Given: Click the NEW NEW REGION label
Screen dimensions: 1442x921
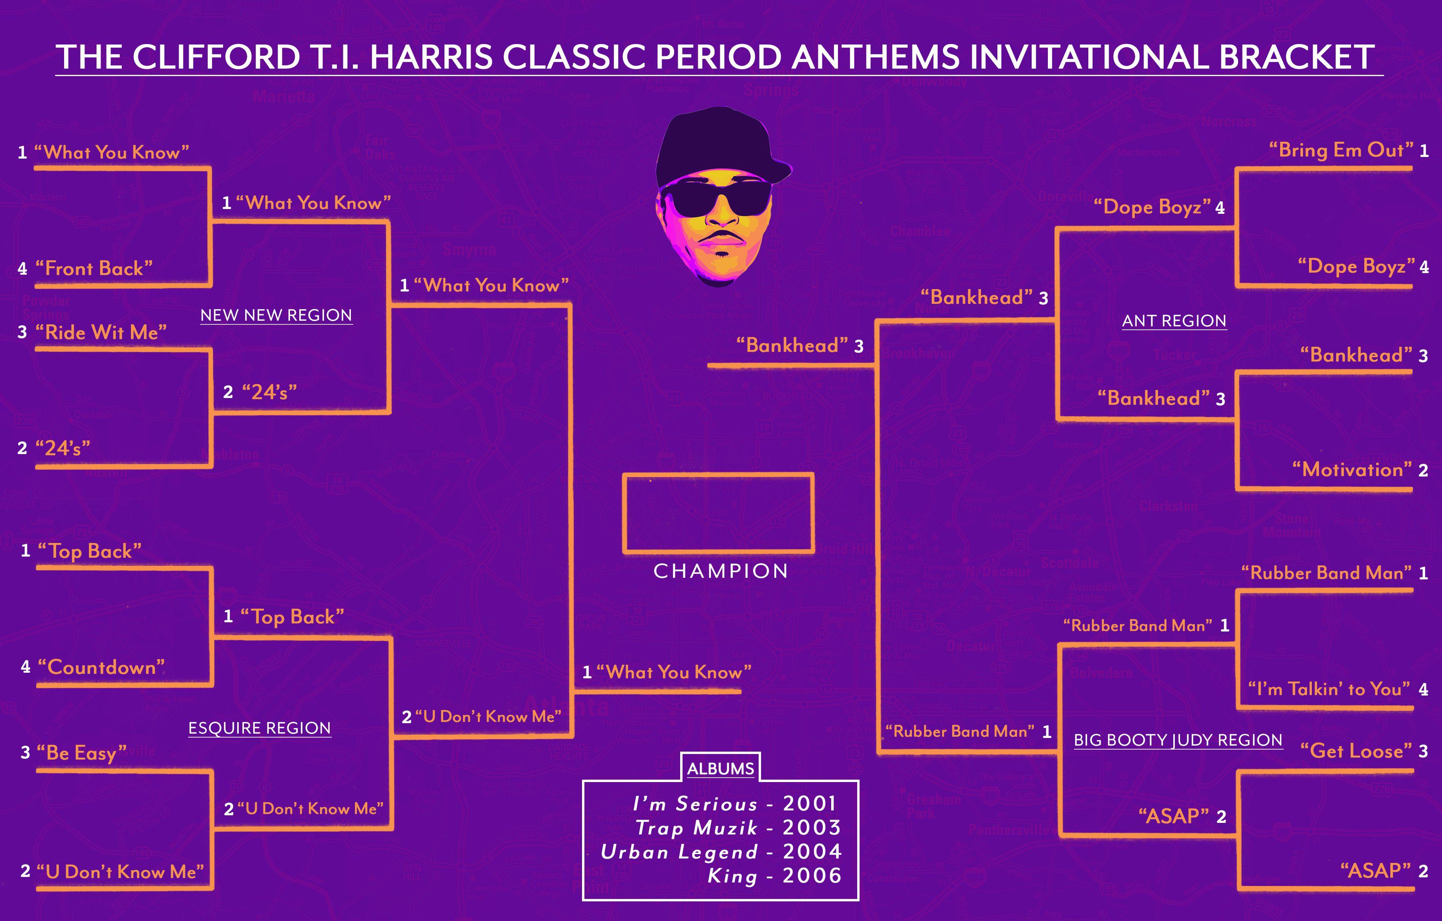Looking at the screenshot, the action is pos(276,315).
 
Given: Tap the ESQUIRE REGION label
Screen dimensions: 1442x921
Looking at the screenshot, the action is pos(259,728).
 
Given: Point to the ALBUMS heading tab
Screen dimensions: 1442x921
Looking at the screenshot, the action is pos(721,768).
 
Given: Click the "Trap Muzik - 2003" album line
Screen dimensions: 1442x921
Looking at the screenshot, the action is pos(738,828).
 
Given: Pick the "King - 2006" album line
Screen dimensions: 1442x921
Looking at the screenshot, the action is pos(774,875).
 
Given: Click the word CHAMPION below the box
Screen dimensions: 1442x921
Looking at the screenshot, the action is pos(721,571).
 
